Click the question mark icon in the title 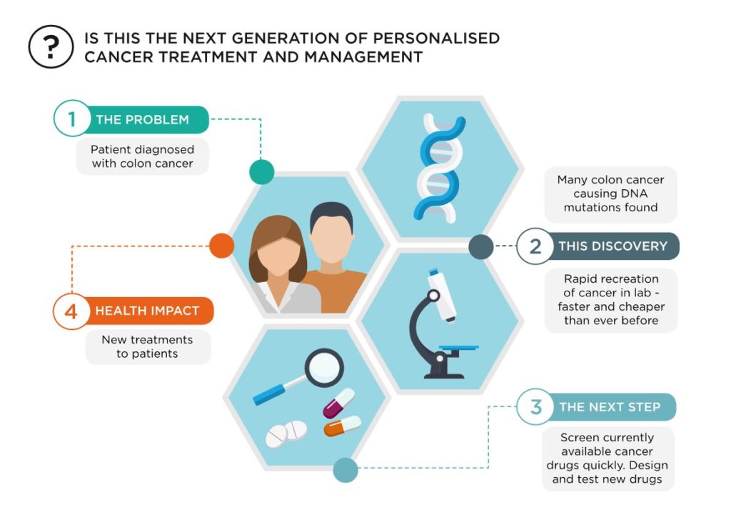[51, 46]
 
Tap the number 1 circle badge [72, 119]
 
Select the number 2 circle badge [535, 246]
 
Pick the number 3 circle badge [535, 406]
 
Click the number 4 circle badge [71, 311]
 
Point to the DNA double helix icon [440, 168]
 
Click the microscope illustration [441, 323]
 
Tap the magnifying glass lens [325, 368]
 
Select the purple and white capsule [339, 403]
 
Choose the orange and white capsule [343, 426]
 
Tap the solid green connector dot [261, 171]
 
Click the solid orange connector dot [221, 246]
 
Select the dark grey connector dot [480, 246]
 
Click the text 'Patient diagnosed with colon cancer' [142, 156]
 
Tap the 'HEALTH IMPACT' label [147, 311]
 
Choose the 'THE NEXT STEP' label [610, 407]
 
